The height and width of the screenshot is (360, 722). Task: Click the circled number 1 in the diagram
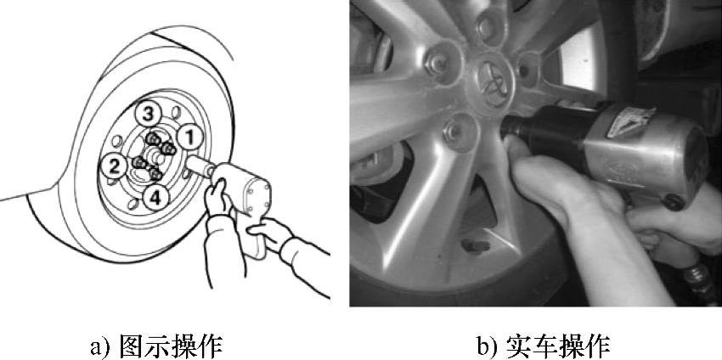click(190, 137)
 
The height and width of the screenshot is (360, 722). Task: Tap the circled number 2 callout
click(113, 166)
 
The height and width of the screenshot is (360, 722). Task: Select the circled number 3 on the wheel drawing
click(147, 114)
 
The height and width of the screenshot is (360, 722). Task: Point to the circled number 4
click(155, 198)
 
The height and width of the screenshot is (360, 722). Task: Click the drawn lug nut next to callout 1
click(168, 149)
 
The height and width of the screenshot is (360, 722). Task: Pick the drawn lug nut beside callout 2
click(138, 163)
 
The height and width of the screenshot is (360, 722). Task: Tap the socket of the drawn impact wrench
click(199, 166)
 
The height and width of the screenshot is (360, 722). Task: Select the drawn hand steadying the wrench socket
click(217, 199)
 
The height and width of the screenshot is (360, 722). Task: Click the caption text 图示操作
click(171, 346)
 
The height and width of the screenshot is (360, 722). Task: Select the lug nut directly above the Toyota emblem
click(488, 26)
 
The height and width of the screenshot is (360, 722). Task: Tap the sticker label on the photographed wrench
click(631, 122)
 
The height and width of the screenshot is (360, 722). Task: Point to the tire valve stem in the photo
click(475, 246)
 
